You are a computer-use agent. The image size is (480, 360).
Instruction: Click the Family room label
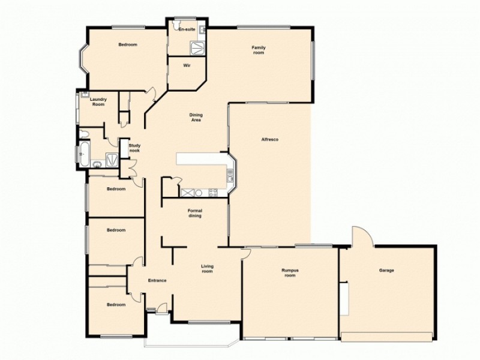click(x=258, y=50)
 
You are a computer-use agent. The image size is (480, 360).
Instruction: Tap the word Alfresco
click(x=269, y=140)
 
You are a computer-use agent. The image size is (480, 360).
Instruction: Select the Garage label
click(x=386, y=271)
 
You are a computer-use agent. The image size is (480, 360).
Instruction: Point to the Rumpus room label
click(x=290, y=273)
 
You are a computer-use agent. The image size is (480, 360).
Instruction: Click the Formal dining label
click(x=194, y=213)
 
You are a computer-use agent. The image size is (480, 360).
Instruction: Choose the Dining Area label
click(x=195, y=117)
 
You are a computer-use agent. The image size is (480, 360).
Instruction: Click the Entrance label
click(x=157, y=280)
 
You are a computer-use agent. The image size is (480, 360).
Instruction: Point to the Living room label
click(x=207, y=269)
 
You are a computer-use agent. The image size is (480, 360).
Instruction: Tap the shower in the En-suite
click(x=197, y=47)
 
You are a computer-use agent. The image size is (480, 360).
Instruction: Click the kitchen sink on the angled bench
click(x=230, y=175)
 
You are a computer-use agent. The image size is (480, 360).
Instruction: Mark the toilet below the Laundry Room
click(x=84, y=134)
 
